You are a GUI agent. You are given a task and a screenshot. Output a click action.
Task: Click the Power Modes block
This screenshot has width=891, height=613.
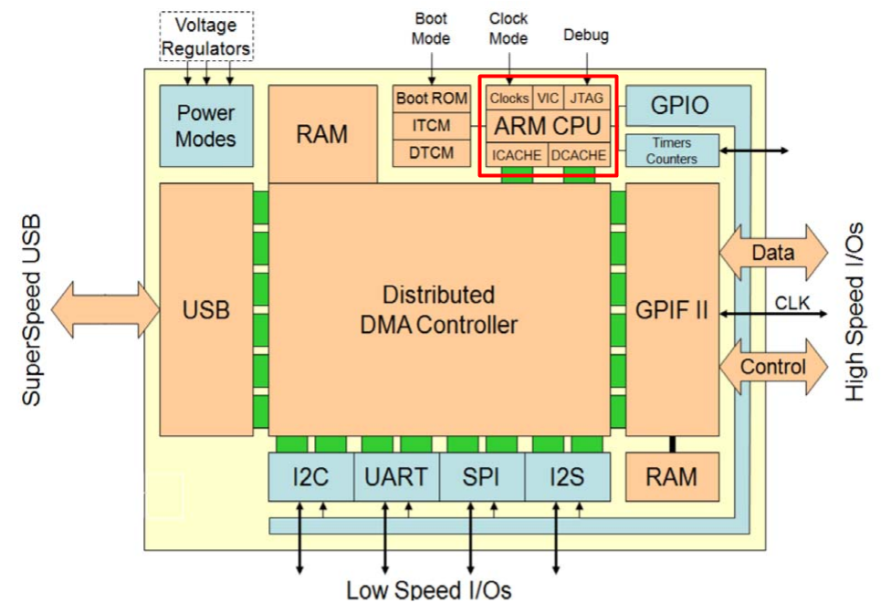pyautogui.click(x=205, y=126)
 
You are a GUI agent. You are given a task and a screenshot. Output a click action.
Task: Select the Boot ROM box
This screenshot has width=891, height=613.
pyautogui.click(x=431, y=98)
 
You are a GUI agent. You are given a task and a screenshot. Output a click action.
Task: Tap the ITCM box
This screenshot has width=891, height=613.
pyautogui.click(x=431, y=126)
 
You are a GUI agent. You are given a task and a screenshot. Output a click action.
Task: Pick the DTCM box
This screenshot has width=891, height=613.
pyautogui.click(x=431, y=152)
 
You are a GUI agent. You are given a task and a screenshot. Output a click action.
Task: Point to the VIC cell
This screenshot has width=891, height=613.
pyautogui.click(x=548, y=98)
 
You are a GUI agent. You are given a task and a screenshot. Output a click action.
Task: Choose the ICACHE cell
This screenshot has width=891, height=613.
pyautogui.click(x=517, y=155)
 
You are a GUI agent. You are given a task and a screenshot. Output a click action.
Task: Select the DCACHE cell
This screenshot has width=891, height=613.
pyautogui.click(x=579, y=155)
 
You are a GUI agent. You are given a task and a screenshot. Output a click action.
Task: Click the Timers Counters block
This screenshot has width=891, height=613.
pyautogui.click(x=672, y=151)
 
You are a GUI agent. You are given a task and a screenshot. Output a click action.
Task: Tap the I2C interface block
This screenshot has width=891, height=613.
pyautogui.click(x=310, y=476)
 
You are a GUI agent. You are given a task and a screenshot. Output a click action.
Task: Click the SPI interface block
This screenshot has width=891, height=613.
pyautogui.click(x=481, y=476)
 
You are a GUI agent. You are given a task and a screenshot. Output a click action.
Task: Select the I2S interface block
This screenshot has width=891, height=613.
pyautogui.click(x=566, y=476)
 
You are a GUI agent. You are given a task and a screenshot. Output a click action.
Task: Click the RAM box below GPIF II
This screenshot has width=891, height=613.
pyautogui.click(x=671, y=476)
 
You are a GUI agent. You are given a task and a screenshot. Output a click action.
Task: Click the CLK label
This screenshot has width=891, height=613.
pyautogui.click(x=791, y=302)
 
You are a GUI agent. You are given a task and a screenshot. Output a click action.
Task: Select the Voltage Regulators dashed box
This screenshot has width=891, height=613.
pyautogui.click(x=206, y=36)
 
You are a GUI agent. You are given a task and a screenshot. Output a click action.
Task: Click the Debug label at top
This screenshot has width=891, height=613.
pyautogui.click(x=586, y=36)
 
